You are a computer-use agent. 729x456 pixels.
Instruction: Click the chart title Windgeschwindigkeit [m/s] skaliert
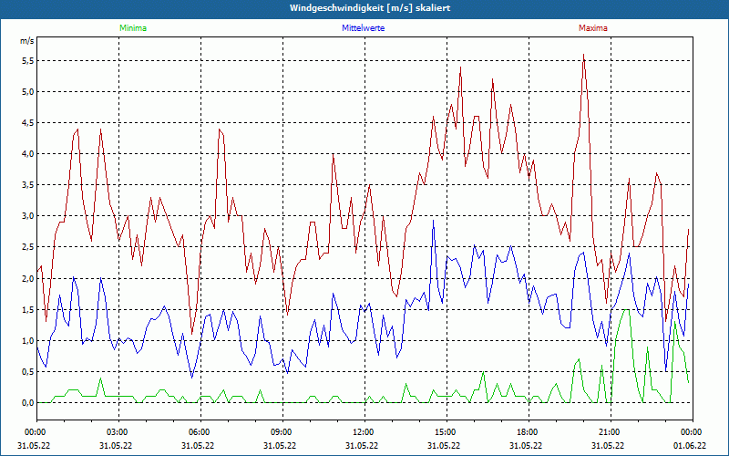[x=364, y=8]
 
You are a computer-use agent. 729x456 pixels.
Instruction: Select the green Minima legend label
[x=132, y=28]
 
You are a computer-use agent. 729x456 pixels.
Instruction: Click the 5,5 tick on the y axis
[x=27, y=61]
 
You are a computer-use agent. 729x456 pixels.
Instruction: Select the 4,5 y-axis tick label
[x=27, y=123]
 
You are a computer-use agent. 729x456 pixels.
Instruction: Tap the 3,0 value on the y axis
[x=27, y=216]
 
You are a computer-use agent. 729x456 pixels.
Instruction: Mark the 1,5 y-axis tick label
[x=27, y=309]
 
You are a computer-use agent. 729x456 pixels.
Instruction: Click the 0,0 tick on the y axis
[x=27, y=402]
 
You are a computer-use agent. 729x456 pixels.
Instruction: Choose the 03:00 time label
[x=117, y=432]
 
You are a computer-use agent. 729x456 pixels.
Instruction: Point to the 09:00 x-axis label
[x=281, y=432]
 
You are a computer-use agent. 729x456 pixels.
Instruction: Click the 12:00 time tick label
[x=363, y=432]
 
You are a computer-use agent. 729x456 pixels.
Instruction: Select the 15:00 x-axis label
[x=445, y=432]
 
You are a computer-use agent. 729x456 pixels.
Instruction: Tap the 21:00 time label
[x=609, y=432]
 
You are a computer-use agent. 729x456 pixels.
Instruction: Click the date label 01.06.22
[x=691, y=446]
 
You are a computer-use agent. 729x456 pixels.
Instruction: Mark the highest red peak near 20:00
[x=583, y=55]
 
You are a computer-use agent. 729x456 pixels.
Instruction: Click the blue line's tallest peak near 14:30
[x=434, y=221]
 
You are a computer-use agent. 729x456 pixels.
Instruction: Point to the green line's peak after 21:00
[x=625, y=310]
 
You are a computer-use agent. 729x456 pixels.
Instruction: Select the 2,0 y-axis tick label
[x=27, y=278]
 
